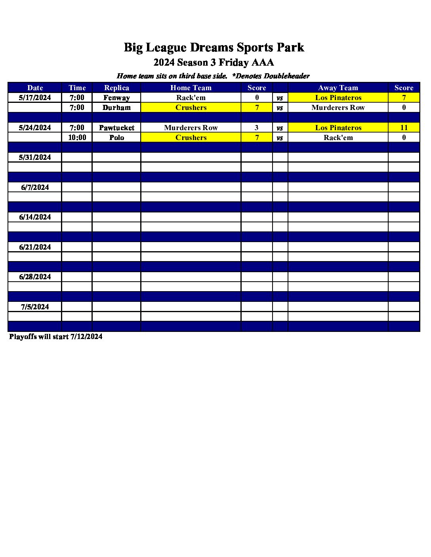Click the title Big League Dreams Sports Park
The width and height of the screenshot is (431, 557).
[x=214, y=47]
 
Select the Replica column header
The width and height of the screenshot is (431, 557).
[x=116, y=88]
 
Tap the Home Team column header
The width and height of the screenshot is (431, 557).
[x=191, y=88]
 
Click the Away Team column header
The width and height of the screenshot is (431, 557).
[x=338, y=88]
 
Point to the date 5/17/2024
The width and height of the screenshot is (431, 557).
[x=35, y=98]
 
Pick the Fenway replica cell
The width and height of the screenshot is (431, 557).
[x=116, y=98]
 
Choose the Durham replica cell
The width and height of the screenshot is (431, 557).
[x=116, y=108]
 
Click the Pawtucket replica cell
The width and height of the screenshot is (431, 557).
[x=116, y=128]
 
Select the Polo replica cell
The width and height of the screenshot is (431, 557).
[x=116, y=138]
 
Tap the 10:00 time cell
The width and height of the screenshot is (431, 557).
[x=77, y=138]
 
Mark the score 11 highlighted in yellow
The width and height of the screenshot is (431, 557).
[x=404, y=128]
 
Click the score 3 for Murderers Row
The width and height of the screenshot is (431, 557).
[x=257, y=128]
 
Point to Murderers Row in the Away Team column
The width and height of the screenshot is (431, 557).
[x=338, y=108]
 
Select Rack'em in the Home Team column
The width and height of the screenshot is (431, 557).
[x=191, y=98]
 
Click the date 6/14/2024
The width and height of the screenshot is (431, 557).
[x=35, y=217]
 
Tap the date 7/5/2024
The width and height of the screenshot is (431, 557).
[x=35, y=307]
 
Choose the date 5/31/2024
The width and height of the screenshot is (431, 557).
[x=35, y=157]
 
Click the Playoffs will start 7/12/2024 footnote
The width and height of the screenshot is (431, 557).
[x=56, y=337]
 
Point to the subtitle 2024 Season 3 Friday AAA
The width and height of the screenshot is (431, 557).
[x=214, y=63]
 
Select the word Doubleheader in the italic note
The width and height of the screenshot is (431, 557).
[x=286, y=76]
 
